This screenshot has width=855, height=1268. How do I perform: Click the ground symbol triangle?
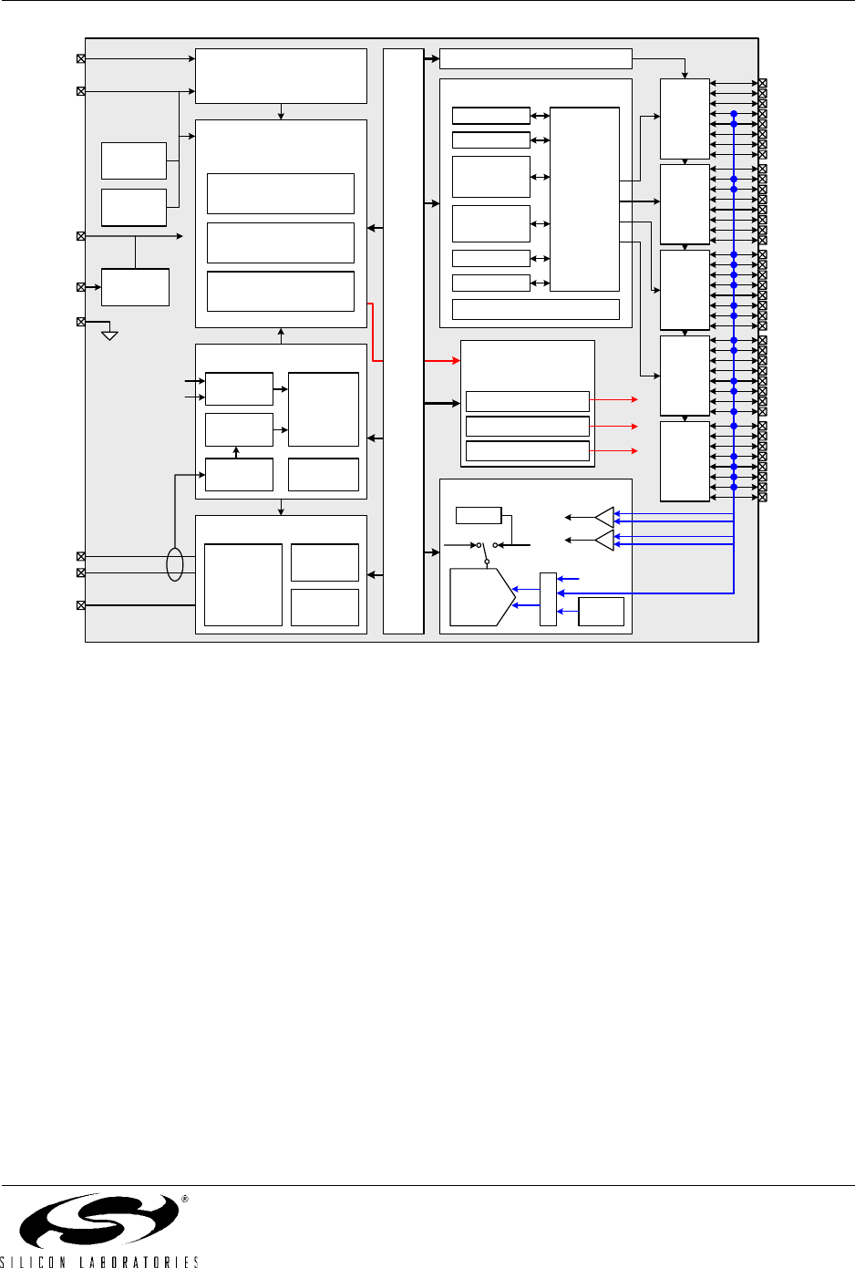(109, 335)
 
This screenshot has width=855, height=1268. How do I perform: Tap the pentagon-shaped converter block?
(482, 597)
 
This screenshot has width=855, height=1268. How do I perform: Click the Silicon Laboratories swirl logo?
(99, 1221)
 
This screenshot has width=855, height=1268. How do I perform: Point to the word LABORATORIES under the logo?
(139, 1262)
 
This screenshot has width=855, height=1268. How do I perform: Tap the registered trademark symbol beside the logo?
(184, 1199)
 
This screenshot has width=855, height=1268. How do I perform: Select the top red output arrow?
(613, 399)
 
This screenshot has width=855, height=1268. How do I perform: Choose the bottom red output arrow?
(613, 450)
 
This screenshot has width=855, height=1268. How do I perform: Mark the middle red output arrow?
(613, 427)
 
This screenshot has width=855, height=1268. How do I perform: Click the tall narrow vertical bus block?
(404, 341)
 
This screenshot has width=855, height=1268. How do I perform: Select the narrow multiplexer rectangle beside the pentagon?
(549, 599)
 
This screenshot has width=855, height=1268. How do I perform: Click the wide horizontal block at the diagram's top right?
(536, 59)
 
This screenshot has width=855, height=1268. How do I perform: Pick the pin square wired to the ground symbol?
(81, 322)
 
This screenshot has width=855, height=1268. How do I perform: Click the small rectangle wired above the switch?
(479, 516)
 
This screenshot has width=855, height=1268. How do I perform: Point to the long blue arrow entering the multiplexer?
(645, 593)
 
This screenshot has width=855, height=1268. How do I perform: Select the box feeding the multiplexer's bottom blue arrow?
(601, 612)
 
